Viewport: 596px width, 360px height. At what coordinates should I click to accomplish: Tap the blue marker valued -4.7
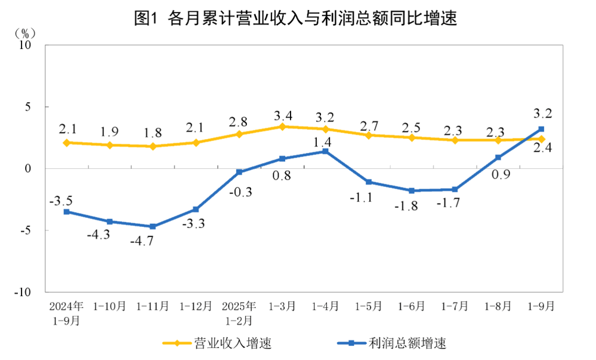point(153,226)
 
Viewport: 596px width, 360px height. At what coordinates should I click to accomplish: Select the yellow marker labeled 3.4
point(282,127)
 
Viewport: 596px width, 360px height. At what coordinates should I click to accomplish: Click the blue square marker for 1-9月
point(541,129)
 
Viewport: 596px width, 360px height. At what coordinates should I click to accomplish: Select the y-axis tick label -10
point(24,292)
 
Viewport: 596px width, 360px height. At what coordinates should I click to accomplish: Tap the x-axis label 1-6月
point(412,307)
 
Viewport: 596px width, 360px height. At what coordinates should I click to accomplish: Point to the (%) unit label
point(27,31)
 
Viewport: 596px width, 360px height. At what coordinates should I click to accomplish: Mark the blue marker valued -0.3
point(239,172)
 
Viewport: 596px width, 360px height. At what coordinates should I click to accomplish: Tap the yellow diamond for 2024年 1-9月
point(66,143)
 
